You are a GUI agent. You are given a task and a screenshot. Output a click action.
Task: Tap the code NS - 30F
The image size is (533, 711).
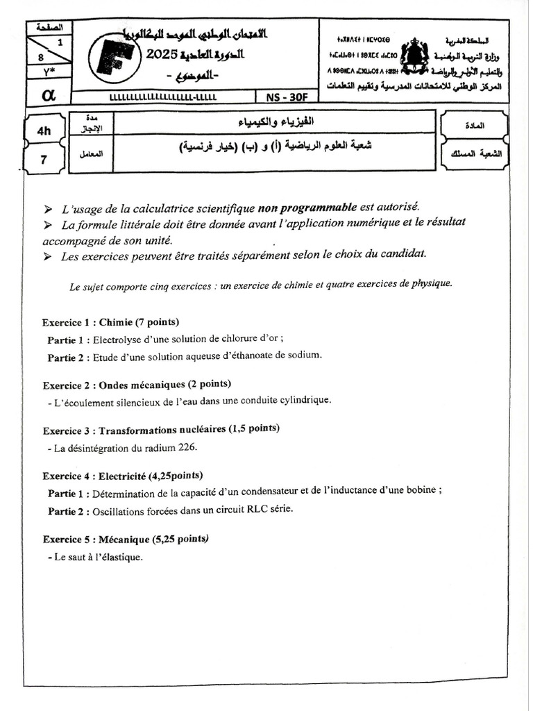click(x=285, y=97)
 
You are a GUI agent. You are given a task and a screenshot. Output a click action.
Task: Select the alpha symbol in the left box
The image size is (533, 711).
click(x=49, y=97)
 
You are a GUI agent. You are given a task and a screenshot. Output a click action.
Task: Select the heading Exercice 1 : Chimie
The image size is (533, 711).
click(x=110, y=322)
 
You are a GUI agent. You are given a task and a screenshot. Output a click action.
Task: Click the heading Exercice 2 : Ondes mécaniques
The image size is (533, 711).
click(x=137, y=385)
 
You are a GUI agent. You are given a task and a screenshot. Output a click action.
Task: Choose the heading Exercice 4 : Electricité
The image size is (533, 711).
click(x=122, y=476)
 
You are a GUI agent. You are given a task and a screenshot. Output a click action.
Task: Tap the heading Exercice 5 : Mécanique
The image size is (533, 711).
click(x=125, y=539)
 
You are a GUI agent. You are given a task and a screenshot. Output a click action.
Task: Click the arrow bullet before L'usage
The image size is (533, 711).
click(x=47, y=208)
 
